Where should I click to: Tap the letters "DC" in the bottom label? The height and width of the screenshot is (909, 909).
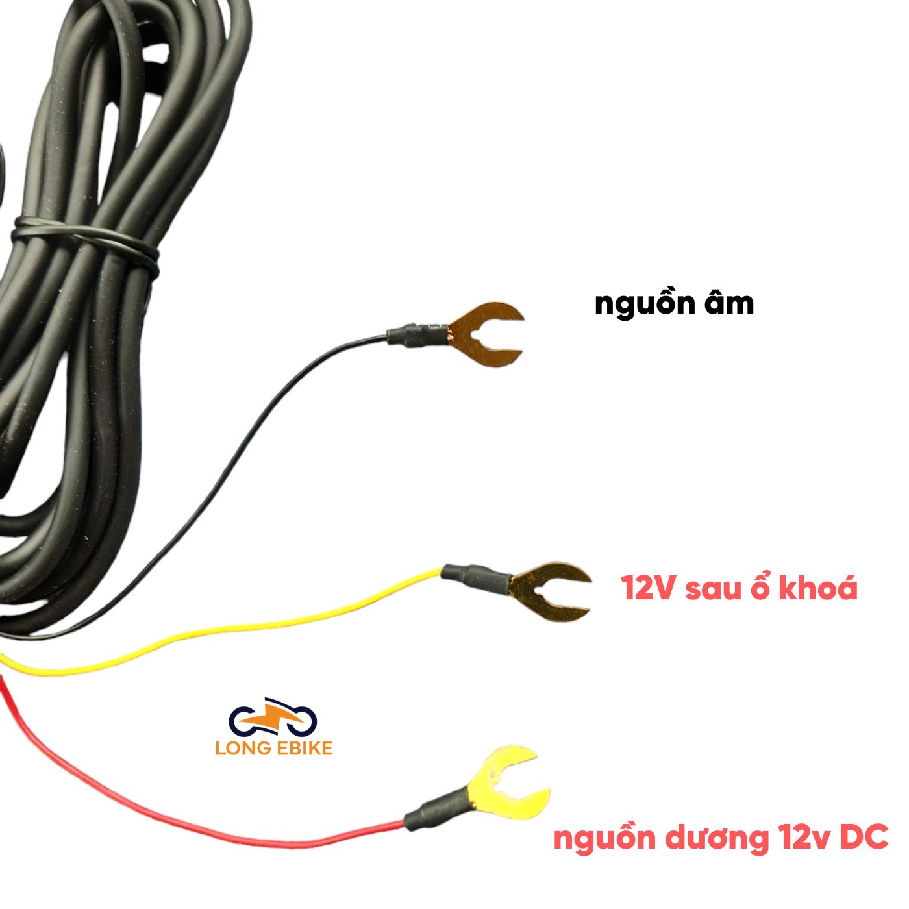coord(864,838)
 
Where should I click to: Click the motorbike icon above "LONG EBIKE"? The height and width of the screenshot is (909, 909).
coord(273,718)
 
